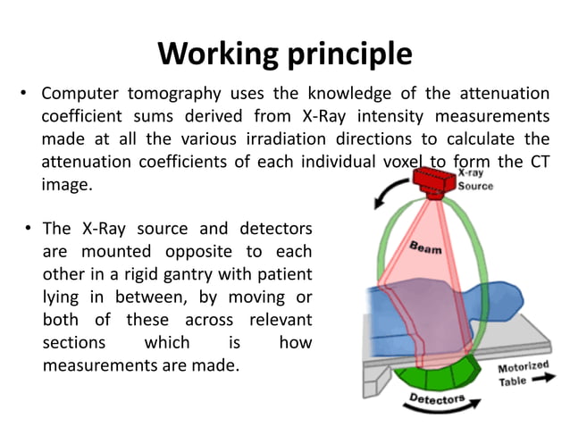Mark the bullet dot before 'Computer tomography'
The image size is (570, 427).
tap(27, 94)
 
